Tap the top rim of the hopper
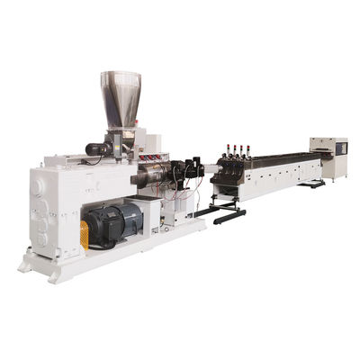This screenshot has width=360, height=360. [120, 74]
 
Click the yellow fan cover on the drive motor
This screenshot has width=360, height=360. [85, 235]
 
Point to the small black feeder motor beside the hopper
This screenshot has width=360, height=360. [96, 148]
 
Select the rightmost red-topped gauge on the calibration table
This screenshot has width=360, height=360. [247, 144]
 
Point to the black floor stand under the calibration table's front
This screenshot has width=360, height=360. [221, 214]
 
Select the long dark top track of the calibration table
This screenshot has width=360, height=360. [279, 157]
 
